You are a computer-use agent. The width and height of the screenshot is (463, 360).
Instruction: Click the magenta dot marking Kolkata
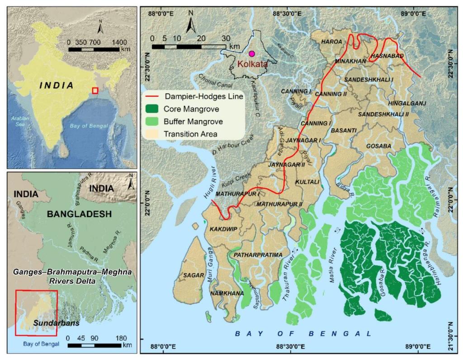(x=252, y=53)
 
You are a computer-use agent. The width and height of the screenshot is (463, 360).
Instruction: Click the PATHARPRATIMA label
(x=255, y=255)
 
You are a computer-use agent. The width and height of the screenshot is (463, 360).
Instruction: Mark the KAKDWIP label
(x=223, y=229)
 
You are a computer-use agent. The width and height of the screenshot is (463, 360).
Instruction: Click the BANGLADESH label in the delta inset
(x=79, y=214)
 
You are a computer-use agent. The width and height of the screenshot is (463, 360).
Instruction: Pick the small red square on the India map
(x=95, y=90)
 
